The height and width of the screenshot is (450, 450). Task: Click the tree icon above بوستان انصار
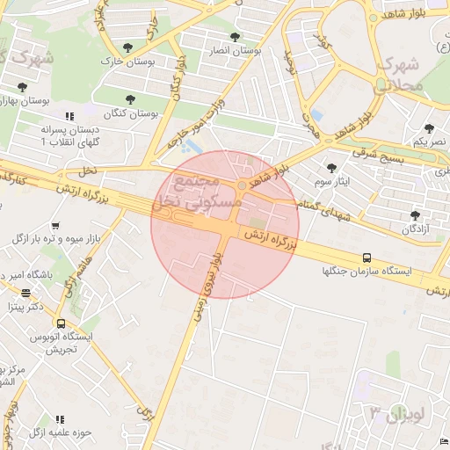(235, 37)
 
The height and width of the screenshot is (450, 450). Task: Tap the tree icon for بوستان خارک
(128, 47)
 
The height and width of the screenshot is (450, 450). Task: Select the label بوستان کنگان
(130, 114)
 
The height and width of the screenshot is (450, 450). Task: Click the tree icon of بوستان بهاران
(21, 87)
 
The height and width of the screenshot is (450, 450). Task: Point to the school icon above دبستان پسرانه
(69, 116)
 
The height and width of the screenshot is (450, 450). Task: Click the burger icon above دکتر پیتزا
(26, 294)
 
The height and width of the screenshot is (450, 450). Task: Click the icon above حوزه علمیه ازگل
(61, 419)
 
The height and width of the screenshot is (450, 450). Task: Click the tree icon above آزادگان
(414, 214)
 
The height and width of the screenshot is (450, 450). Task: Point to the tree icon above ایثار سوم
(331, 167)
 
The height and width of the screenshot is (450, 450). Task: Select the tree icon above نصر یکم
(429, 128)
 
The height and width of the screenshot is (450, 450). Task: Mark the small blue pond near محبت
(316, 114)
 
